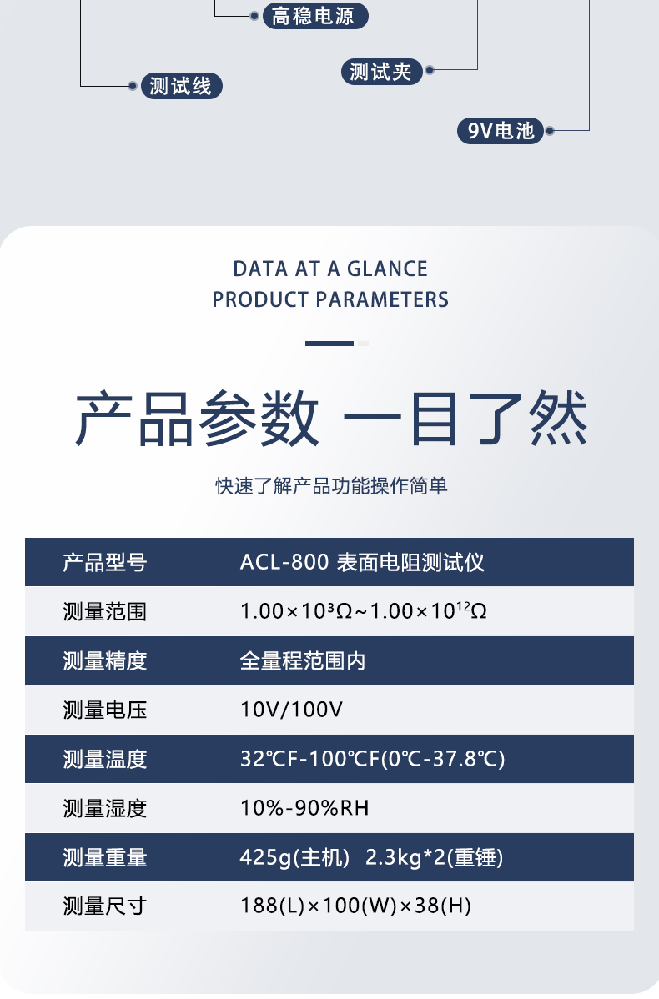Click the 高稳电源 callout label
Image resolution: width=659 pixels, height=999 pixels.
(315, 16)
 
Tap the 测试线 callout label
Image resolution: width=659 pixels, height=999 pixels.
(182, 86)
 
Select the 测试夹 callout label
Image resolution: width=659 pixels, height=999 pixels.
(382, 72)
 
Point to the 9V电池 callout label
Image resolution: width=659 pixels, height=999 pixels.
(501, 131)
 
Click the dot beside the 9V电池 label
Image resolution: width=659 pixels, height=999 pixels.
(550, 131)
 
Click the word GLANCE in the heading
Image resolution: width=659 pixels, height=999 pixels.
(388, 269)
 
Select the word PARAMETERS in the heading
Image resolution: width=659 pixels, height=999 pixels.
(382, 299)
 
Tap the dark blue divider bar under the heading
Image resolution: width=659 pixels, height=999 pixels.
(329, 344)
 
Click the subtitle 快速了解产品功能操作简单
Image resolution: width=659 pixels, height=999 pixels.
(331, 486)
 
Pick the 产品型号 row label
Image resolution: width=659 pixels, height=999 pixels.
(105, 563)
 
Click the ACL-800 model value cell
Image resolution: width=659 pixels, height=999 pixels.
(362, 563)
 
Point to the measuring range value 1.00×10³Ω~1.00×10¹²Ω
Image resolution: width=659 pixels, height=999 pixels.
(364, 611)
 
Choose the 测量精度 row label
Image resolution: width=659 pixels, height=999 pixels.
(105, 660)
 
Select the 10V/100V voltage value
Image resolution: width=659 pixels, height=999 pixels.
(291, 710)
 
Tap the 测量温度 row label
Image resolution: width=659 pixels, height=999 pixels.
(105, 759)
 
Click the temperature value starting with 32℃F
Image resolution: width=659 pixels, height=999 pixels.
(373, 759)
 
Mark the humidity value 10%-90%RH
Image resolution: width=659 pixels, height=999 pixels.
(304, 808)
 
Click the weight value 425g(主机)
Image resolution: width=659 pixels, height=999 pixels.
(294, 857)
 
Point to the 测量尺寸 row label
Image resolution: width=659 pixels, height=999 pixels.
(105, 906)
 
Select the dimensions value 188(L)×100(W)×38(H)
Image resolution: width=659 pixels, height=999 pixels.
(355, 906)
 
